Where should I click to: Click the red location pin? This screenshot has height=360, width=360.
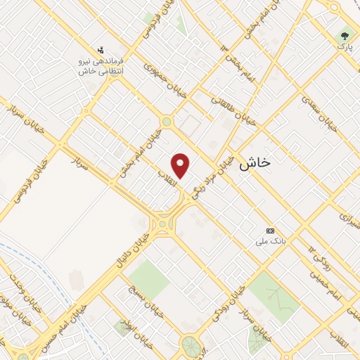click(x=181, y=165)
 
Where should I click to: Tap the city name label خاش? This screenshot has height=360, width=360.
click(x=255, y=164)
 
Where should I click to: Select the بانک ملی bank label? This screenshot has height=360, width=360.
click(x=269, y=241)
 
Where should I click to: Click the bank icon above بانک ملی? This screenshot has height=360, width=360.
click(x=270, y=231)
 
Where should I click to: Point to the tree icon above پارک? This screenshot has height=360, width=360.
click(x=345, y=34)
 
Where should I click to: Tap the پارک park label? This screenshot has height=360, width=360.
click(x=344, y=46)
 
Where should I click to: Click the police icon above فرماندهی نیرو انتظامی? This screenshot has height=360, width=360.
click(x=103, y=50)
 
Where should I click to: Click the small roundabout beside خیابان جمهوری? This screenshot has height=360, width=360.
click(x=167, y=122)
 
